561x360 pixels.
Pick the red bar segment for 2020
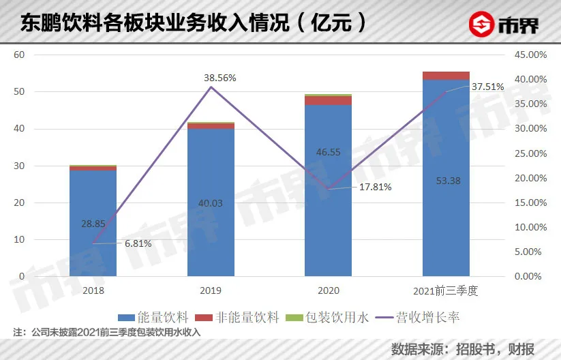tap(328, 100)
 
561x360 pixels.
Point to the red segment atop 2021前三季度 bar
tap(446, 76)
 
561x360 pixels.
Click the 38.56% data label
tap(219, 78)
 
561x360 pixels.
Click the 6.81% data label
tap(138, 243)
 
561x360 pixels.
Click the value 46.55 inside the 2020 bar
tap(328, 153)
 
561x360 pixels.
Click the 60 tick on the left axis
tap(19, 55)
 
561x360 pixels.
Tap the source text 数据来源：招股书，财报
tap(464, 348)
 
